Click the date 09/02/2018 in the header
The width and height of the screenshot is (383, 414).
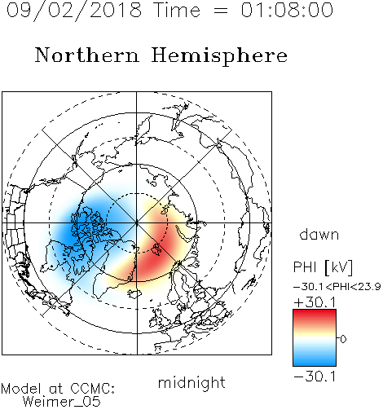click(x=74, y=11)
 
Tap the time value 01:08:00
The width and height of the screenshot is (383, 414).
click(x=287, y=10)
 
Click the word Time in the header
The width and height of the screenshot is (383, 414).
click(x=177, y=10)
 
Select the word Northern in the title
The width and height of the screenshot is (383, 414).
click(x=87, y=55)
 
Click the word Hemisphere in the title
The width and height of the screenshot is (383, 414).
click(x=219, y=56)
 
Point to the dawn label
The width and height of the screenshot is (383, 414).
click(x=319, y=234)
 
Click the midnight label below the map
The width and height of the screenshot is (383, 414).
click(x=191, y=382)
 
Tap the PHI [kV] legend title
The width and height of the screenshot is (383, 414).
click(x=323, y=267)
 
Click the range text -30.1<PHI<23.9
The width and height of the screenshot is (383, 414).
click(x=337, y=287)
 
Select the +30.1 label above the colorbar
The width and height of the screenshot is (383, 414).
click(x=315, y=302)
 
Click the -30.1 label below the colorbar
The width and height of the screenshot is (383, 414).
click(x=315, y=377)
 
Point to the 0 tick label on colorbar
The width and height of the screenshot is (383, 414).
click(x=343, y=339)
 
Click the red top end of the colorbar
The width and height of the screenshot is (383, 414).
click(x=315, y=312)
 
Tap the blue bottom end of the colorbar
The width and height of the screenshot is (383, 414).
click(x=315, y=363)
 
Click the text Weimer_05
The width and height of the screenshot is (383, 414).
click(x=62, y=402)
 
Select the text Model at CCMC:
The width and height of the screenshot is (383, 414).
click(x=58, y=389)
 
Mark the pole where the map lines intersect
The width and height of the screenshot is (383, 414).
click(x=137, y=223)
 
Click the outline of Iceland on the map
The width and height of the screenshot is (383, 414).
click(x=134, y=293)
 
